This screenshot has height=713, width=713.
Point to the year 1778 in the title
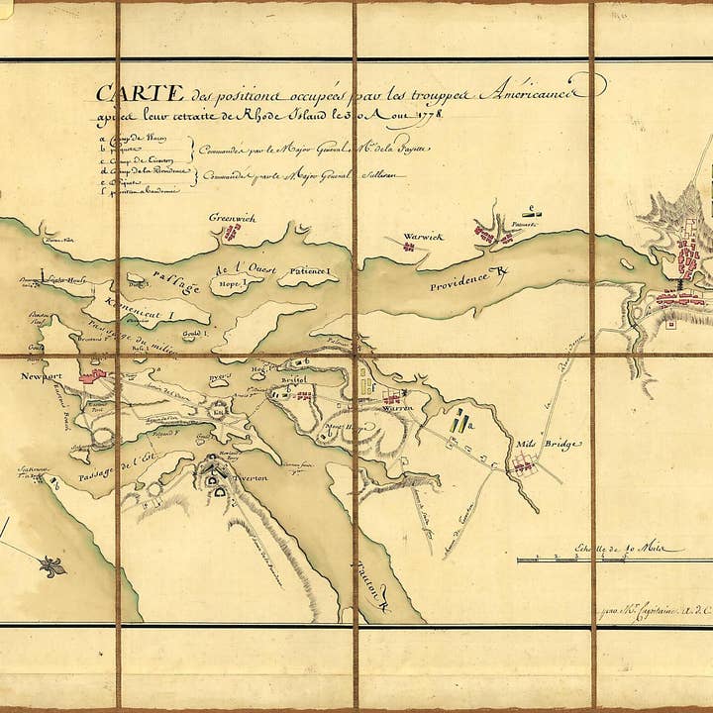pos(424,116)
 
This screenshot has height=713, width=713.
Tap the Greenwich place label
pos(233,217)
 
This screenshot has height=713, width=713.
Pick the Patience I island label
pos(314,271)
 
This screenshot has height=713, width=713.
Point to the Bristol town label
pos(296,379)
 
